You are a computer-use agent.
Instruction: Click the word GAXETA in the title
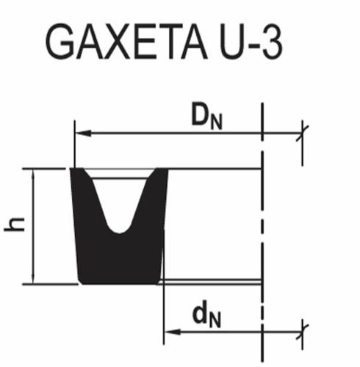pos(126,42)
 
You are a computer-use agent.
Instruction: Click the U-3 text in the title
pos(251,42)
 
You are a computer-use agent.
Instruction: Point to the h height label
pos(15,224)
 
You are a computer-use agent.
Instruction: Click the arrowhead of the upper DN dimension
pos(83,134)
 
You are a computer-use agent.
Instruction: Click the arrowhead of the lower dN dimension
pos(173,332)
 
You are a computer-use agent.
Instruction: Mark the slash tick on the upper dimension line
pos(302,134)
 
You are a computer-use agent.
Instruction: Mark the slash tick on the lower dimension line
pos(302,332)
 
